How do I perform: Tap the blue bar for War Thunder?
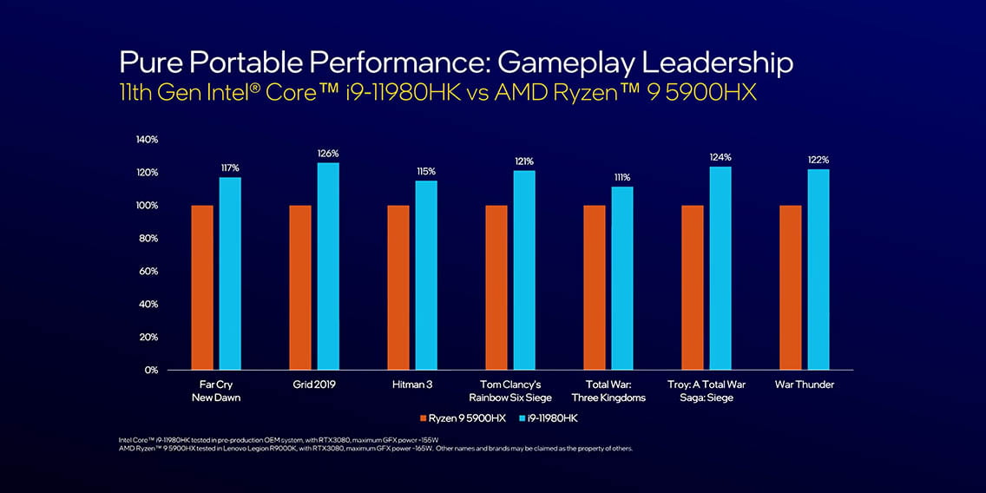(x=818, y=269)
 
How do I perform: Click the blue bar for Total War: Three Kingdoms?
(x=622, y=278)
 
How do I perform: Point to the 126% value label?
(x=328, y=154)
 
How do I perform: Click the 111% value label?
(x=622, y=178)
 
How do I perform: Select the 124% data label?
(x=720, y=157)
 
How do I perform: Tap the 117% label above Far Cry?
(x=230, y=168)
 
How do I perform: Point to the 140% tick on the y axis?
(x=147, y=140)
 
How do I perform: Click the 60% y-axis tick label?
(x=148, y=271)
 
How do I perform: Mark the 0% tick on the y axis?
(x=151, y=370)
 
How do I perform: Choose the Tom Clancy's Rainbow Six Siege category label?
(x=510, y=391)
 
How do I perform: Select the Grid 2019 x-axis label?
(x=314, y=385)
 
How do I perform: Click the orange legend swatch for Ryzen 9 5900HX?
(x=423, y=418)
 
